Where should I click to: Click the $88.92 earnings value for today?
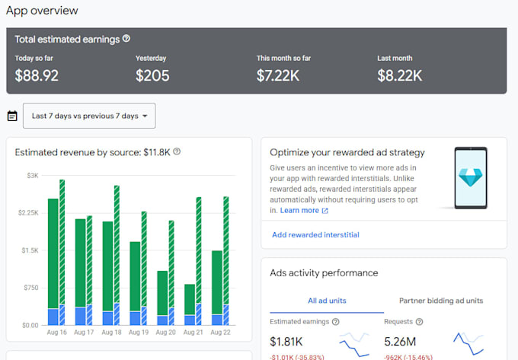37,75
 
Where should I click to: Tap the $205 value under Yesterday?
152,75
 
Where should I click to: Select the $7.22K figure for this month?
278,75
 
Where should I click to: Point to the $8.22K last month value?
400,75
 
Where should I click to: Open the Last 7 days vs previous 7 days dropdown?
89,116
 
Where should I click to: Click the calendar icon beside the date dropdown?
12,116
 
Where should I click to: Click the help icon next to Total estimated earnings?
126,39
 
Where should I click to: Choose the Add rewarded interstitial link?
315,234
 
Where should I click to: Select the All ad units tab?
327,301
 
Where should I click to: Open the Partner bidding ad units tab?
441,301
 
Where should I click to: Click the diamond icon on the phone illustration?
471,177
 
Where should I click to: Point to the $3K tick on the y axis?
33,176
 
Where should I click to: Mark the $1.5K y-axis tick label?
30,250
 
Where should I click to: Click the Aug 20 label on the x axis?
166,333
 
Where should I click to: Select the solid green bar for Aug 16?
53,253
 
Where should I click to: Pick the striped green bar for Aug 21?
199,250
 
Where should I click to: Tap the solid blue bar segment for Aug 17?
80,316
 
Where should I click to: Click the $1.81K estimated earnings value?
286,342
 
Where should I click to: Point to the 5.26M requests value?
400,342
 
